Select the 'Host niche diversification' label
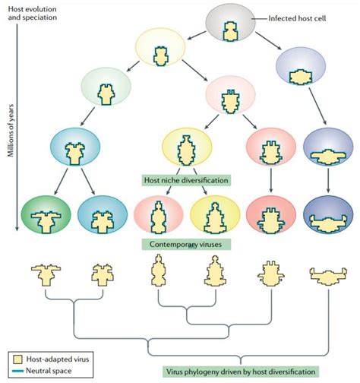tap(185, 181)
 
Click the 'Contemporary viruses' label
tap(186, 245)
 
